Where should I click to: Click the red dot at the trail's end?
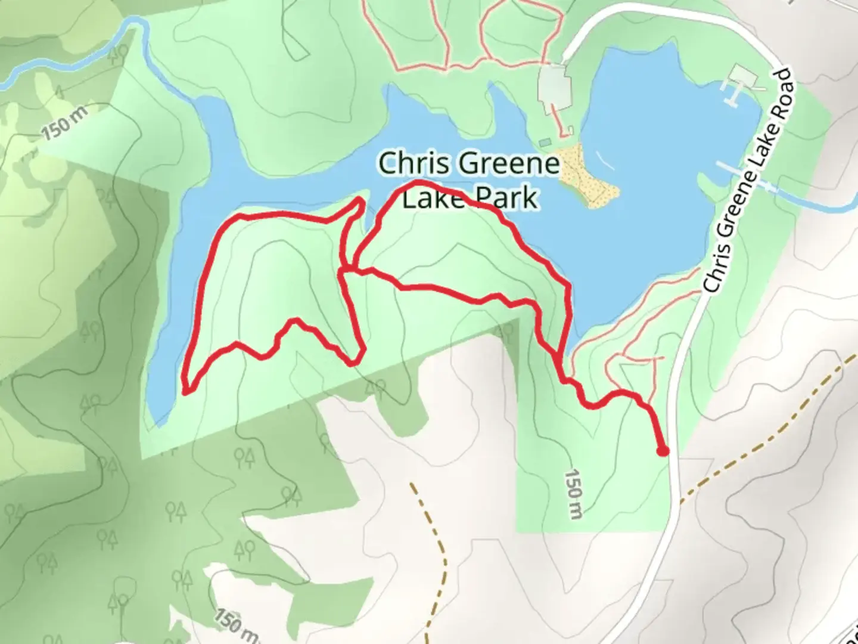(662, 451)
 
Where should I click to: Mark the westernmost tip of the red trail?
(186, 391)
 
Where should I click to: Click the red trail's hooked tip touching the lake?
(360, 203)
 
